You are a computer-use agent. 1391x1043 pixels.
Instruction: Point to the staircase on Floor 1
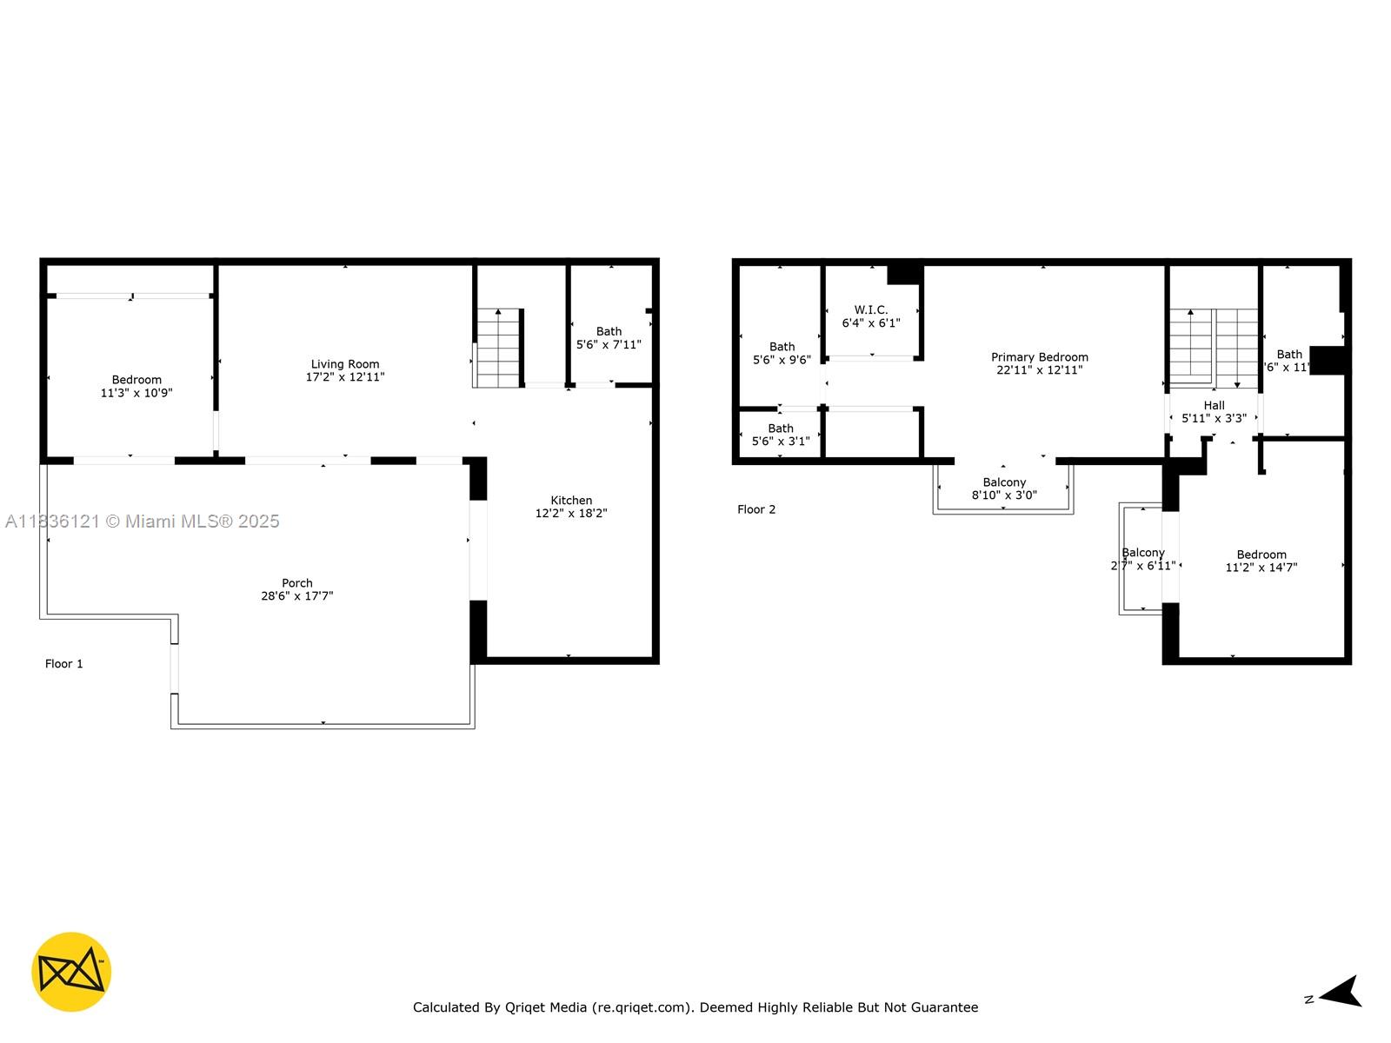point(498,349)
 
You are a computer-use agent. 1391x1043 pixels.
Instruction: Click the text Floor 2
point(756,509)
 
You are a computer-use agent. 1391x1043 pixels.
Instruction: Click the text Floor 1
point(64,664)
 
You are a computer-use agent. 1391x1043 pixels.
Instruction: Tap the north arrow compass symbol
point(1341,992)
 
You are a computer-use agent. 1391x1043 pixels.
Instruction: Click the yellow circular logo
point(71,972)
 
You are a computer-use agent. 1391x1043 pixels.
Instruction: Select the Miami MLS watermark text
point(143,521)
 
